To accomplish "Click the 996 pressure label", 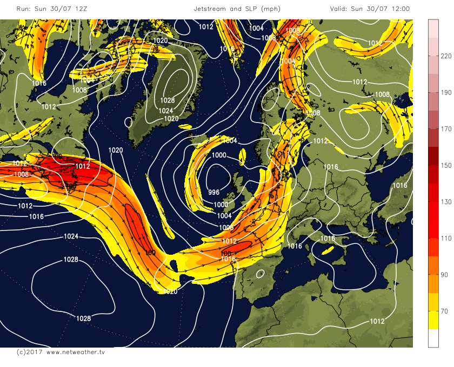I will [213, 192].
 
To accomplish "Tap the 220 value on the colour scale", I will [446, 56].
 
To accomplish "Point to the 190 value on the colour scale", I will [446, 92].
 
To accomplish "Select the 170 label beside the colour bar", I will [446, 129].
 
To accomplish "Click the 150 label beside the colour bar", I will [446, 166].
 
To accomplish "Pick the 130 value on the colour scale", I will [446, 202].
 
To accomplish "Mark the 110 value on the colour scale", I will [446, 239].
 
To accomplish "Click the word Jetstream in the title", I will [213, 9].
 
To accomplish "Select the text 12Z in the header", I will [77, 9].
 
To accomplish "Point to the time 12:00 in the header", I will [399, 9].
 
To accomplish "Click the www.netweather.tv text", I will [76, 352].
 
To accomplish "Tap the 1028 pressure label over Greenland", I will [168, 101].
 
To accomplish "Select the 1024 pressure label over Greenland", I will [165, 111].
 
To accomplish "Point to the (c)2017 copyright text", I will [29, 352].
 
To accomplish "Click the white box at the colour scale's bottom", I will [433, 338].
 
